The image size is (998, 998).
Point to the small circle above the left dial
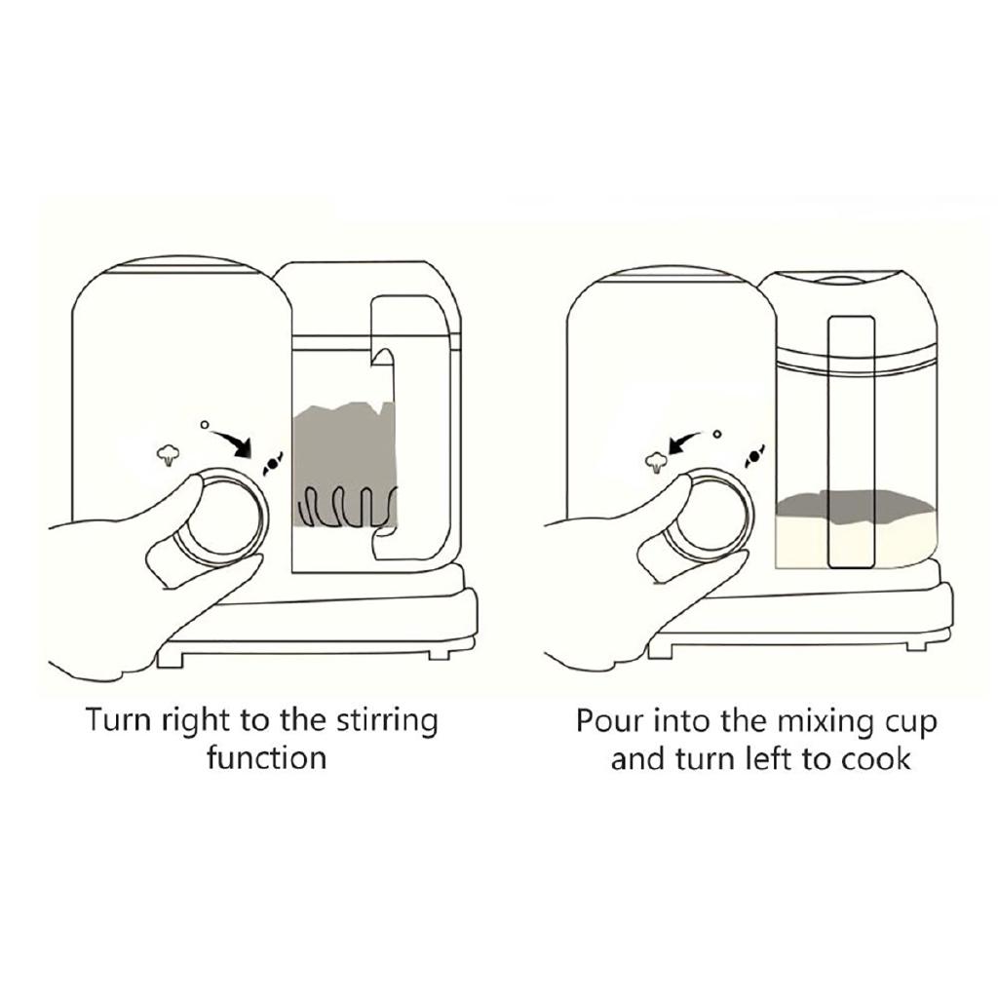coord(204,425)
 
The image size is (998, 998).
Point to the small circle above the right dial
coord(717,433)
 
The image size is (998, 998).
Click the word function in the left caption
coord(266,757)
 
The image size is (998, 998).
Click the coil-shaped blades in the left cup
coord(346,505)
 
